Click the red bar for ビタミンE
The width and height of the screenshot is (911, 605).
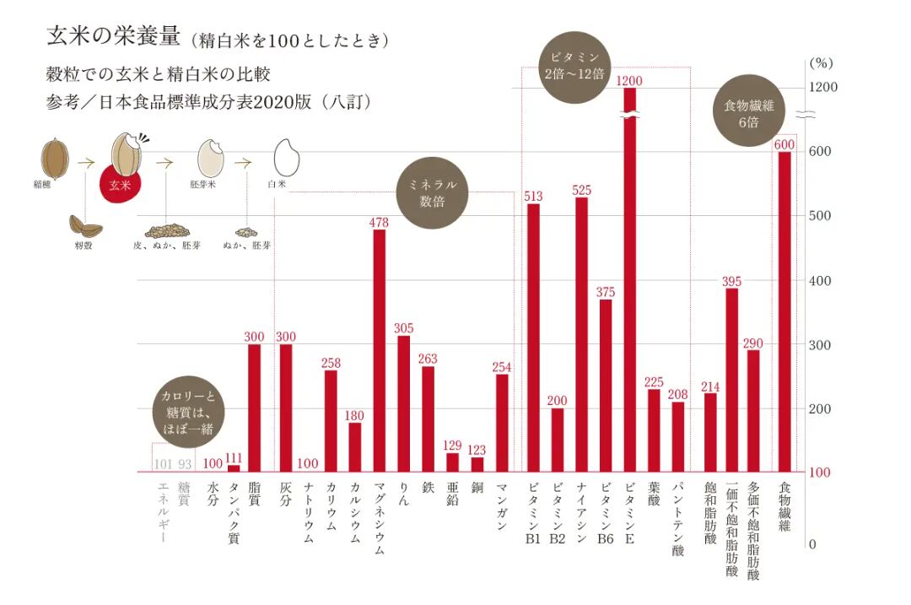point(629,278)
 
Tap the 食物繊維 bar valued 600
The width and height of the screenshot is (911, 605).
point(784,311)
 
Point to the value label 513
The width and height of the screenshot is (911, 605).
point(532,197)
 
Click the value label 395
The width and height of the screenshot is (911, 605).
point(731,281)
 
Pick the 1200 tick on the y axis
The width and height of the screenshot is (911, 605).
point(822,87)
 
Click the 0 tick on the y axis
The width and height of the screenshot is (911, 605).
point(811,544)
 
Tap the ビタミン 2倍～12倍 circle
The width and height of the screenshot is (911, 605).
point(574,68)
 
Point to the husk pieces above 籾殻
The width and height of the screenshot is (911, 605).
point(85,226)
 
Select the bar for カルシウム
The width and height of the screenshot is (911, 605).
point(355,446)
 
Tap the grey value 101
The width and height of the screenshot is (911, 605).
point(163,463)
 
